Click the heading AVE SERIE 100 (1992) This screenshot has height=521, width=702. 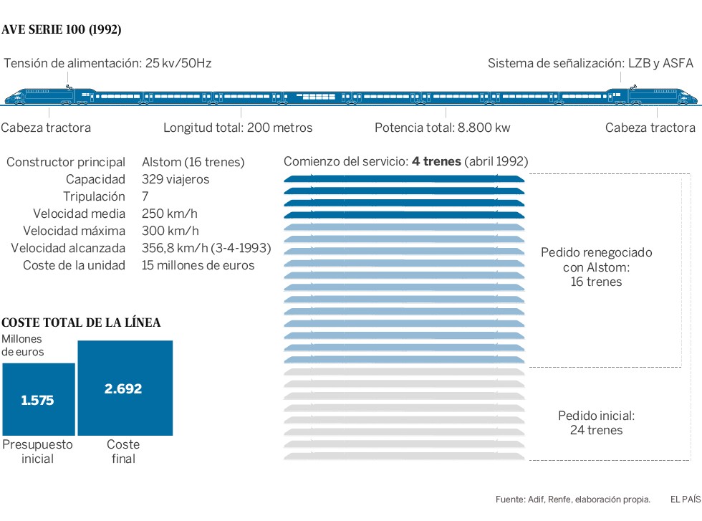pyautogui.click(x=62, y=29)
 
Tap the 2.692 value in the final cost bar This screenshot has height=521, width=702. pyautogui.click(x=123, y=389)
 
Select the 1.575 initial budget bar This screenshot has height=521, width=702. pyautogui.click(x=38, y=400)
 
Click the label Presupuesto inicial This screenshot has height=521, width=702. pyautogui.click(x=38, y=451)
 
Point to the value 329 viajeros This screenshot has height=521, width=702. pyautogui.click(x=175, y=179)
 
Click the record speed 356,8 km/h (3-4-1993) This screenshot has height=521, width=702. pyautogui.click(x=206, y=248)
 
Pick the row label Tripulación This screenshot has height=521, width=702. pyautogui.click(x=94, y=196)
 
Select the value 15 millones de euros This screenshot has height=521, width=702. pyautogui.click(x=198, y=265)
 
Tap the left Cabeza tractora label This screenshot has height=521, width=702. pyautogui.click(x=46, y=128)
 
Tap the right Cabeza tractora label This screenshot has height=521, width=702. pyautogui.click(x=650, y=128)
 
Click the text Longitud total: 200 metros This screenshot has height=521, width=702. pyautogui.click(x=238, y=128)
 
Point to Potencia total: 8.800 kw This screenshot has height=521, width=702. pyautogui.click(x=442, y=128)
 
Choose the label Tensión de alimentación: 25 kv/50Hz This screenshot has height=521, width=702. pyautogui.click(x=107, y=63)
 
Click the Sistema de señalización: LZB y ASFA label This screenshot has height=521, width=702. pyautogui.click(x=590, y=63)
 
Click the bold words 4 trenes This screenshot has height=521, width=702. pyautogui.click(x=436, y=161)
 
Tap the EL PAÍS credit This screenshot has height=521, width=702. pyautogui.click(x=685, y=499)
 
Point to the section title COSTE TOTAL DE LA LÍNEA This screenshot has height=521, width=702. pyautogui.click(x=82, y=322)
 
